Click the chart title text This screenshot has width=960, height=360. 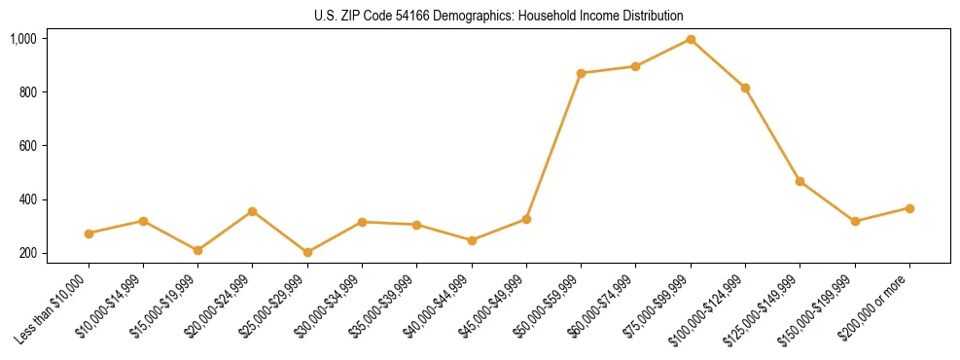pos(499,17)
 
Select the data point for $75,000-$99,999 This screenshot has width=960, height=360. pos(691,39)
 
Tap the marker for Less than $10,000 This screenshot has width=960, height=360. pos(89,234)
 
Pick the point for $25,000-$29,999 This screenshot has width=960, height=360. pos(307,252)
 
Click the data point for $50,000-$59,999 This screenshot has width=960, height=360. pos(581,73)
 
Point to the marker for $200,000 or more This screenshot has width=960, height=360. pos(909,208)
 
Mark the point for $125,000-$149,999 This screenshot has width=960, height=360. pos(800,181)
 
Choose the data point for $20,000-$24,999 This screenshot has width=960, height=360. pos(253,211)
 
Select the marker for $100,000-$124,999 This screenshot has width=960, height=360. pos(745,88)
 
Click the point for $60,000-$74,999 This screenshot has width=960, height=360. pos(635,66)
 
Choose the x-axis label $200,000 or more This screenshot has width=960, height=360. pos(875,306)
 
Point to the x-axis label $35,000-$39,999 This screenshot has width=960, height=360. pos(384,306)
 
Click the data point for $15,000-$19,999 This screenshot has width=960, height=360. pos(197,250)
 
